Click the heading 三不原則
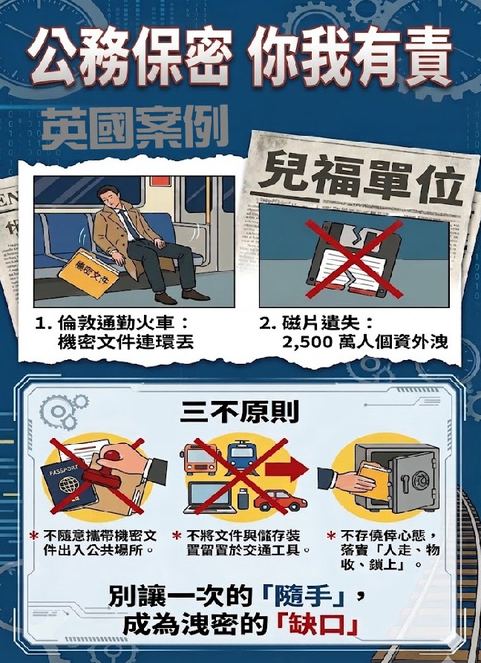click(240, 411)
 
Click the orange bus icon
click(201, 458)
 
